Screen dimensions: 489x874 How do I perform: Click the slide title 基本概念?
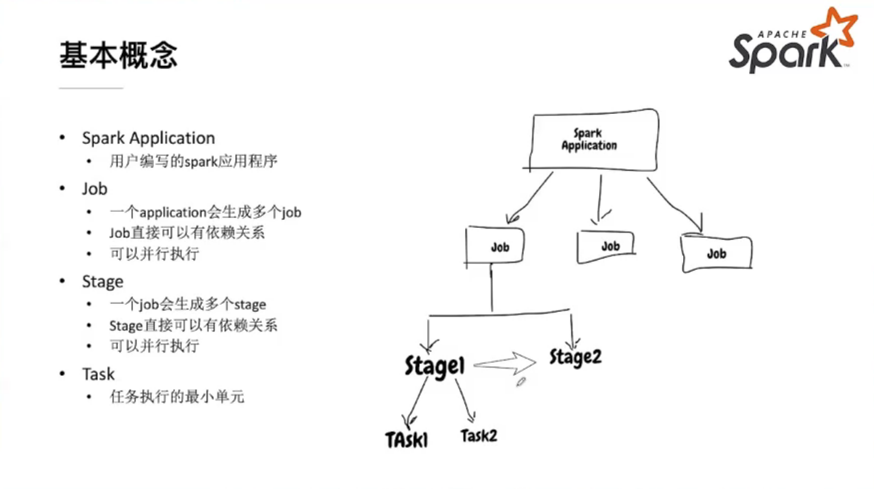pos(118,56)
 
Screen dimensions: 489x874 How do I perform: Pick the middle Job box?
pos(607,247)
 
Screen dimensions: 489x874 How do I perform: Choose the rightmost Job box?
pos(716,253)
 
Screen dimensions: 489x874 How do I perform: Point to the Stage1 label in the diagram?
pos(434,366)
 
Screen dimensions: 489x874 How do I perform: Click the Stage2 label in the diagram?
pos(575,357)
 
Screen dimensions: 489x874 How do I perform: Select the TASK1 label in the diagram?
pos(407,439)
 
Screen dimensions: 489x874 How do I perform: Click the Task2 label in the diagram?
pos(479,435)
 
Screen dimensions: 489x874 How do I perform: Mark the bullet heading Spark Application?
pos(148,138)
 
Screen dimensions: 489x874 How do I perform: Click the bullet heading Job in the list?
pos(94,189)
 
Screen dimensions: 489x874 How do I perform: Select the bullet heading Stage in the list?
pos(102,282)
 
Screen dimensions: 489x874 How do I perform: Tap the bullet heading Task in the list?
pos(98,374)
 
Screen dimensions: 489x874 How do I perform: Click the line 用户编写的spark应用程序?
pos(194,161)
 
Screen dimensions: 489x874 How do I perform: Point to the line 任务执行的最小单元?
pos(177,397)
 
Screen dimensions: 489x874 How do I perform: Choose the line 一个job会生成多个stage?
pos(188,305)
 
